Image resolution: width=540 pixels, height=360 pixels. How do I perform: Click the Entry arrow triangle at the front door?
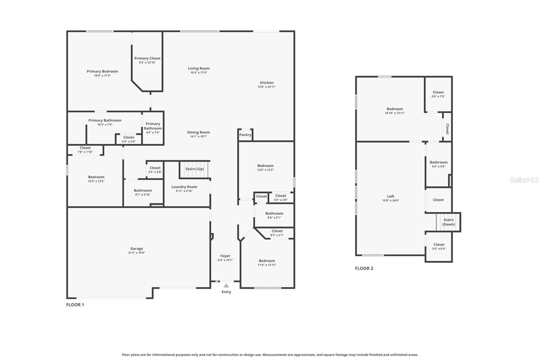point(226,286)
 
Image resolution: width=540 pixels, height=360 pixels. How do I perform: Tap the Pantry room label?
point(245,135)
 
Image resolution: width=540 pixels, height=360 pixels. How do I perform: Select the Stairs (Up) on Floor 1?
point(195,169)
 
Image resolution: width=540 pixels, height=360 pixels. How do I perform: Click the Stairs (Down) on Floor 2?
point(448,222)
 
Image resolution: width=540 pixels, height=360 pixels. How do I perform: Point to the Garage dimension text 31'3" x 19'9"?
point(136,253)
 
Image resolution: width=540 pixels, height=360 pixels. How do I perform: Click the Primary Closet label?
point(147,58)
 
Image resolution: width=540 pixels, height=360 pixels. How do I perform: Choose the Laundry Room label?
point(184,187)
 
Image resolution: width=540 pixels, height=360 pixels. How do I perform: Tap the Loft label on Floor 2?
point(390,196)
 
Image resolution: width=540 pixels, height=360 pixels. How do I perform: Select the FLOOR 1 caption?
point(75,305)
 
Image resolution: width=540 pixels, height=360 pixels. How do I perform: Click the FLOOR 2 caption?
point(364,268)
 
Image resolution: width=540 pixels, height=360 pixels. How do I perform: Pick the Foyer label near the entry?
point(225,256)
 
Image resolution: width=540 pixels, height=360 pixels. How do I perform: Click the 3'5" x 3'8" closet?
point(155,170)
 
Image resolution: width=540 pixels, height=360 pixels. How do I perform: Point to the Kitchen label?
point(267,82)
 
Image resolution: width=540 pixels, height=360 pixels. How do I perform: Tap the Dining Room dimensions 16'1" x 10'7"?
point(198,136)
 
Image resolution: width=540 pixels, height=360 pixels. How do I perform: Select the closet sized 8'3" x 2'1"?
point(277,233)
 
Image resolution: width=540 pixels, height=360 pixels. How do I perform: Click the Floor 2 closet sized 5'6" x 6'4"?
point(439,247)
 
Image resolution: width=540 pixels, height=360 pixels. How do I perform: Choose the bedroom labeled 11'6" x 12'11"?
point(267,262)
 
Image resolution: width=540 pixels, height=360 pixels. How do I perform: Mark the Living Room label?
point(198,68)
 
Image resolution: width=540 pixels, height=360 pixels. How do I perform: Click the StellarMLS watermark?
point(524,180)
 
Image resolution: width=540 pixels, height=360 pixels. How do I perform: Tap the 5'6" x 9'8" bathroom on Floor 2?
point(438,164)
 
